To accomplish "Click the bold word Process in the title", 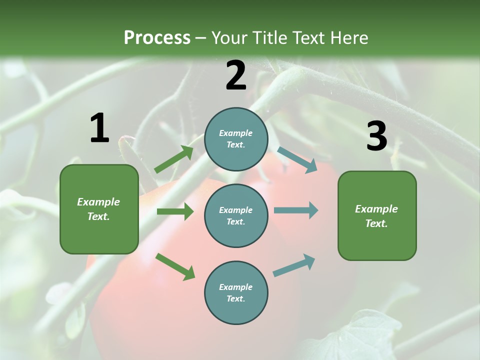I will click(157, 38).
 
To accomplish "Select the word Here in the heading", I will click(349, 38).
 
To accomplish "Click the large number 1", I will click(99, 128).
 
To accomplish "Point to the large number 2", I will click(236, 76).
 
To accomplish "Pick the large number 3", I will click(376, 136).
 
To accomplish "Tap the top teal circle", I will click(236, 139).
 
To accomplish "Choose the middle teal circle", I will click(236, 215).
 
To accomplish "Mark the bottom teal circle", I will click(236, 292).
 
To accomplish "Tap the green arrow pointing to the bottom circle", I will click(175, 266).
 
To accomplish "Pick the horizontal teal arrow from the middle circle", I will click(295, 210).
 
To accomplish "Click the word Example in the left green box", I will click(98, 202).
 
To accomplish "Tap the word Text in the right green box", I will click(375, 223).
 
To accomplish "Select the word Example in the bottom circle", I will click(235, 287).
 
